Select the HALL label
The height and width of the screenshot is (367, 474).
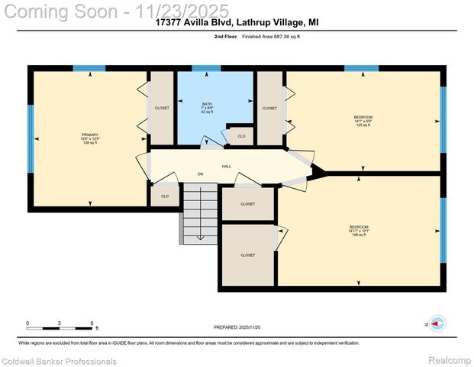point(227,166)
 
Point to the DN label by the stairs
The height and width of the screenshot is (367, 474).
point(201,175)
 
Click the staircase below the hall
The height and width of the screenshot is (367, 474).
point(199,213)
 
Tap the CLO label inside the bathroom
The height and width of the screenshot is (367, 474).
point(241,136)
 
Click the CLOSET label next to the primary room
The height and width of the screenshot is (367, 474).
point(162,109)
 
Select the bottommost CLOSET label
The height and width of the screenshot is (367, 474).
point(248,255)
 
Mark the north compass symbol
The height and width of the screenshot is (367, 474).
point(437,324)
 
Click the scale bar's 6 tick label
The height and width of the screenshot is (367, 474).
point(92,323)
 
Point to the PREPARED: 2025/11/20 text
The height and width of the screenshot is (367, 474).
point(237,326)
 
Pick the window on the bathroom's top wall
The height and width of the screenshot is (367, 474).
point(207,69)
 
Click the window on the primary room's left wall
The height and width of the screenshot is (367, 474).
point(31,138)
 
